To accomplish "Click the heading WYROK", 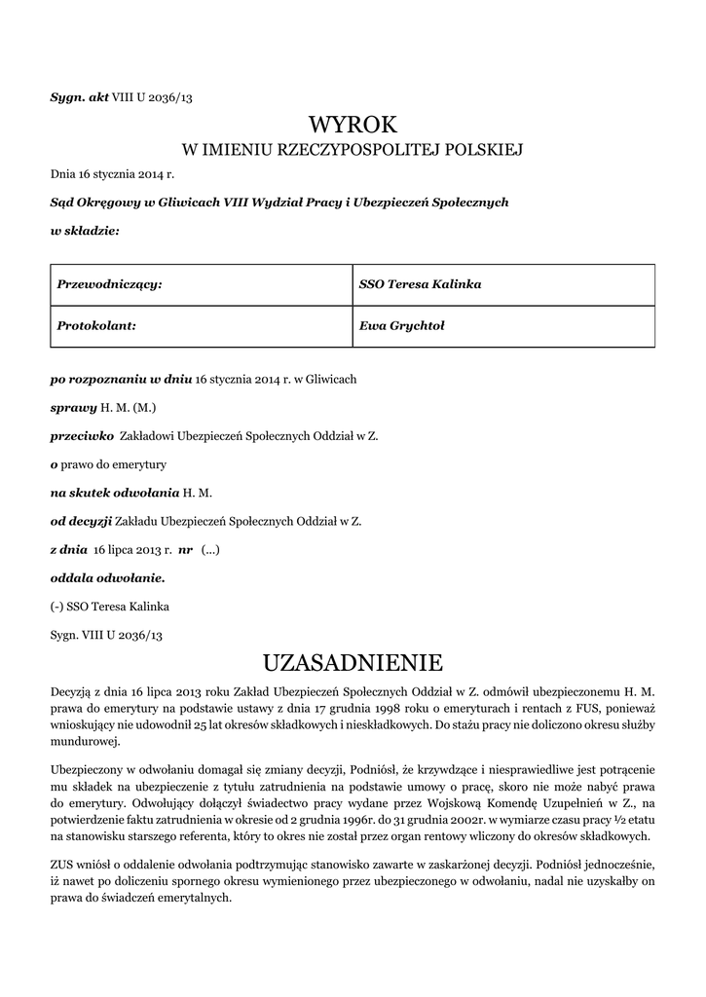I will [353, 124].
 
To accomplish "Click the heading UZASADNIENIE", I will [353, 663].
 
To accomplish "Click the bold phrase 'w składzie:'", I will [85, 231].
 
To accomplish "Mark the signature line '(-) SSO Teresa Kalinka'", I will [110, 607].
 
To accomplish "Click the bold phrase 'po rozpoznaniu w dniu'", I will [121, 378].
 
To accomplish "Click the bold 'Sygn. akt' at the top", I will [80, 96].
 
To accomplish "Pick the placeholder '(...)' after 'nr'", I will [210, 549].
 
